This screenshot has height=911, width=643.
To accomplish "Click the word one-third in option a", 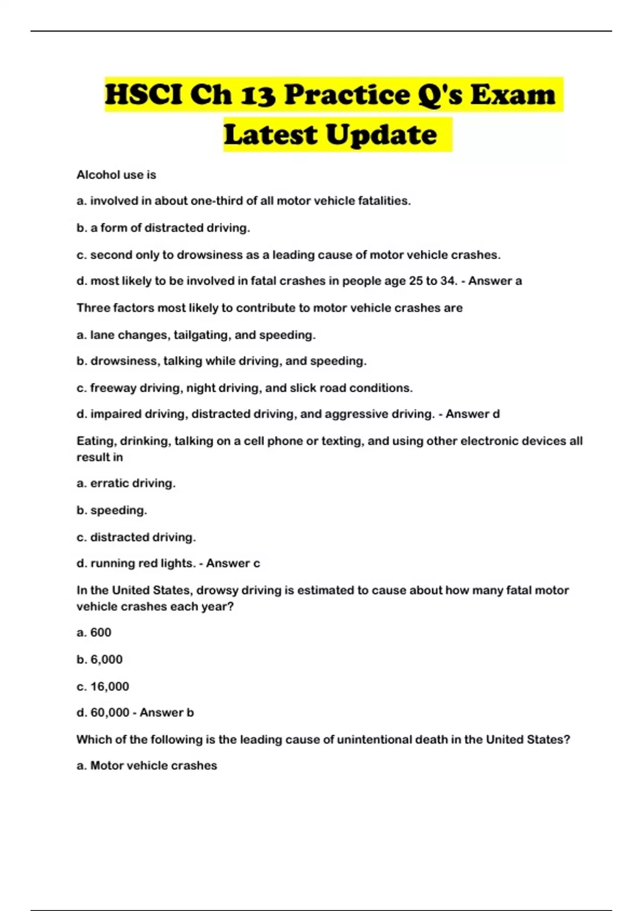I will coord(216,201).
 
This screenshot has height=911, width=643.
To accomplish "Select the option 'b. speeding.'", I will coord(112,510).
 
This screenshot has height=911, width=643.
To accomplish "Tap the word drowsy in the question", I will coord(218,590).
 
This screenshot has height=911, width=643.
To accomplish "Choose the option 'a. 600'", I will coord(94,632).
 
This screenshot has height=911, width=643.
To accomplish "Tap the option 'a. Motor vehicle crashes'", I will coord(147,766).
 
